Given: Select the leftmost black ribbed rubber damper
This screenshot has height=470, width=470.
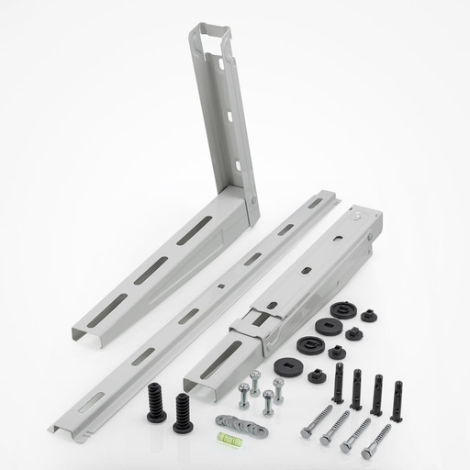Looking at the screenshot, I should point(156,403).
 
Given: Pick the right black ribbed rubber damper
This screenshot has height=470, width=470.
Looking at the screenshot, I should point(183,412).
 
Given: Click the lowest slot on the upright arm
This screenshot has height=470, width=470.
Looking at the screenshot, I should point(239,166).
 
